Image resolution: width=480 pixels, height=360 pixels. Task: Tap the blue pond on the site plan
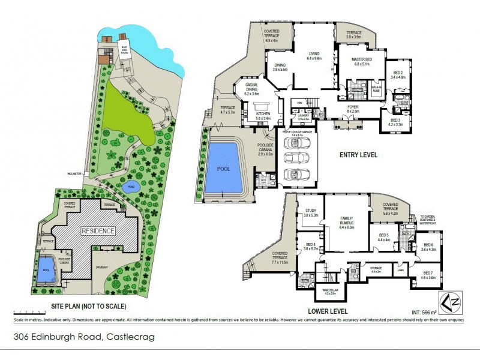pos(130,187)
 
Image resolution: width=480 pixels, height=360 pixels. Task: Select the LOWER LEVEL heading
pos(328,311)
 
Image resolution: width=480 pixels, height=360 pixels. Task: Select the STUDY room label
pos(310,212)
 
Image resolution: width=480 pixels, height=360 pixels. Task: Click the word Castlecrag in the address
pos(130,337)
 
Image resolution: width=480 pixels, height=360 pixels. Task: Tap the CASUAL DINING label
pos(251,89)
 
